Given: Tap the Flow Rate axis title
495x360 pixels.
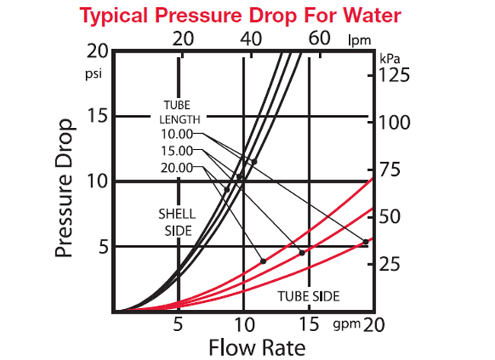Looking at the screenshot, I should pos(257,348).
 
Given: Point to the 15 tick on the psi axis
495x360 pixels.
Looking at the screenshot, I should pos(96,116).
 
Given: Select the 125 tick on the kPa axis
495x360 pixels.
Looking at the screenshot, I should pos(394,75).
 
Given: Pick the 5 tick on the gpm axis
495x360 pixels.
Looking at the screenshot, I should pos(178,325).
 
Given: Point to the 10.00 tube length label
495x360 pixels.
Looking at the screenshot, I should pos(177,135).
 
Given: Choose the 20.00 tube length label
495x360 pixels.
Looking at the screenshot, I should pos(177,167).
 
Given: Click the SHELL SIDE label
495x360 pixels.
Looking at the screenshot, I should pos(175,221).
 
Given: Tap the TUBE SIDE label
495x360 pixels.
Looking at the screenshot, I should pos(308,295).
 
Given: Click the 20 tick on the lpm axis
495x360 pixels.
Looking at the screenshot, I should pos(183,38).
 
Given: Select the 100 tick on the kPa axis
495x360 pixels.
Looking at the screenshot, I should pos(394,123).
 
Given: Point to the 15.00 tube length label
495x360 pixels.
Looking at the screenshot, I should pos(177,151).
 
